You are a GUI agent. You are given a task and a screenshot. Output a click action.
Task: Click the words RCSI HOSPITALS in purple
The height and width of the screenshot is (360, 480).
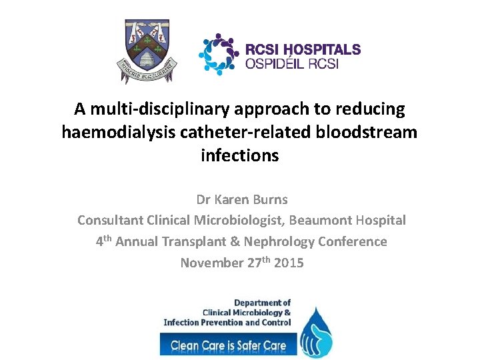click(x=303, y=49)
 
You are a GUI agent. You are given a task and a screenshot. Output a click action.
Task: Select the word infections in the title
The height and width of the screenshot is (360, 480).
click(x=239, y=155)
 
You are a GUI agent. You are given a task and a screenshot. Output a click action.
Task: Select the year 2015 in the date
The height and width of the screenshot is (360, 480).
click(x=288, y=263)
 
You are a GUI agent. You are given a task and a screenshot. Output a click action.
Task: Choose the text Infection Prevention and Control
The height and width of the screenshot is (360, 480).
click(x=227, y=322)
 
